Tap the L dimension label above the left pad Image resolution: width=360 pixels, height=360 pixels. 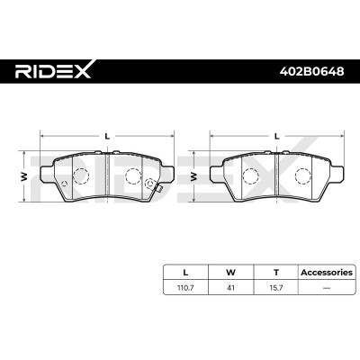click(x=107, y=135)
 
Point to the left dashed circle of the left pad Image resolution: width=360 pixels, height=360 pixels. click(x=79, y=175)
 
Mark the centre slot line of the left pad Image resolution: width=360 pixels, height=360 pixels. click(x=107, y=175)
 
